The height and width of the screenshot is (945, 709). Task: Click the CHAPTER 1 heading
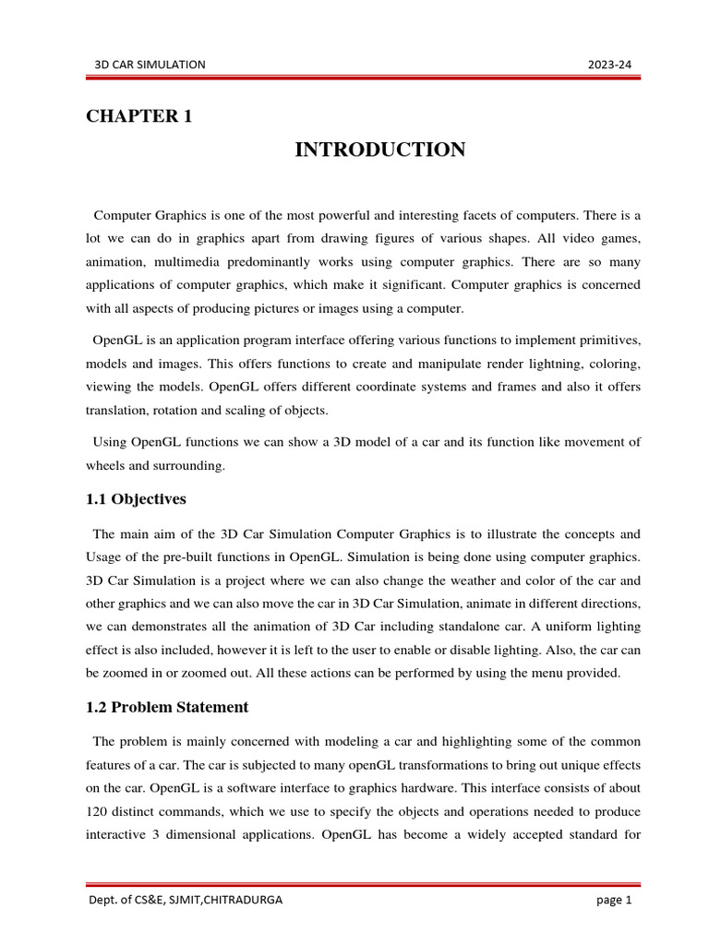tap(139, 116)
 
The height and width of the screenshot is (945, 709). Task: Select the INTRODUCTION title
tap(380, 150)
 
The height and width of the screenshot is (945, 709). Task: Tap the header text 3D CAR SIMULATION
tap(150, 64)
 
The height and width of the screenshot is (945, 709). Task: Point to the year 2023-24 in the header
tap(610, 64)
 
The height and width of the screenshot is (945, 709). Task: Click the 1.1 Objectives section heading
tap(136, 499)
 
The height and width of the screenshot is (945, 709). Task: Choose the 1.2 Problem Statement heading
tap(167, 707)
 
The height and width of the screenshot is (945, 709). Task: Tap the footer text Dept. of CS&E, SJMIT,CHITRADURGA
tap(185, 902)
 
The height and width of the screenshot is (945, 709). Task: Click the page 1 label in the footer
tap(614, 902)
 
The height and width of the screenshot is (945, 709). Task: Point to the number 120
tap(98, 811)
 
